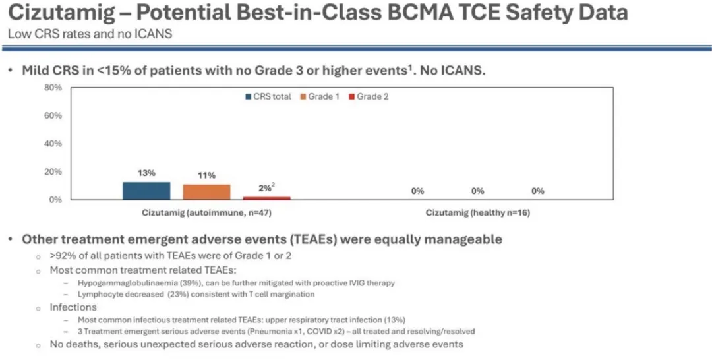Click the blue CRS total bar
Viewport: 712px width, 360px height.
click(x=146, y=191)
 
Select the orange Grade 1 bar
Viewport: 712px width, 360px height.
click(x=206, y=192)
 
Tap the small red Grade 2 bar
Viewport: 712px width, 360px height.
click(x=266, y=198)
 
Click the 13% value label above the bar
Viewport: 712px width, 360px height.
click(x=146, y=173)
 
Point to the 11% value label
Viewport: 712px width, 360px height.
click(x=206, y=175)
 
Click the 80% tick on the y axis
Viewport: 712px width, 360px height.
click(x=53, y=88)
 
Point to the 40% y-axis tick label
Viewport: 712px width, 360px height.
click(x=53, y=144)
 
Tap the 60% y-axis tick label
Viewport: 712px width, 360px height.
click(x=53, y=115)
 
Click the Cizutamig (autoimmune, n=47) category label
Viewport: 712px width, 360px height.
click(x=206, y=213)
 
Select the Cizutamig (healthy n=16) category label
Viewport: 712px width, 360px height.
click(x=478, y=213)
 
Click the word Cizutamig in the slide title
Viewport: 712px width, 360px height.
click(x=62, y=13)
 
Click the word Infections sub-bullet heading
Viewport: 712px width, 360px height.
click(x=73, y=307)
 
